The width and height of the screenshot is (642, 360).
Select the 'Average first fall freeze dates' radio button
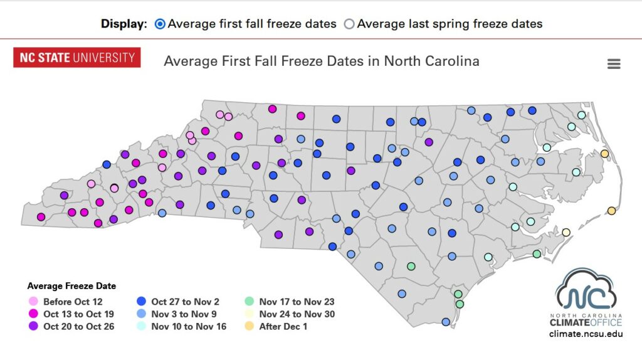pyautogui.click(x=160, y=24)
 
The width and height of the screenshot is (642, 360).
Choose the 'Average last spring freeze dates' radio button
pyautogui.click(x=349, y=24)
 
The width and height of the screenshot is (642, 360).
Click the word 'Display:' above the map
pyautogui.click(x=124, y=24)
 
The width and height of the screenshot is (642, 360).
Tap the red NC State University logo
pyautogui.click(x=76, y=58)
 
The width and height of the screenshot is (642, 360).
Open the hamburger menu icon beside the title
pyautogui.click(x=614, y=64)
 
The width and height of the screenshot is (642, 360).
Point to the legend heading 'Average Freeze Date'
pyautogui.click(x=71, y=286)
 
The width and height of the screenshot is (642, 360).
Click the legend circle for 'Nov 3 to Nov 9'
pyautogui.click(x=142, y=314)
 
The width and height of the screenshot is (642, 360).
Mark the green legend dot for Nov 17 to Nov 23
pyautogui.click(x=250, y=302)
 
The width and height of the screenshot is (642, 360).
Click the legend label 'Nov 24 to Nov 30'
pyautogui.click(x=297, y=314)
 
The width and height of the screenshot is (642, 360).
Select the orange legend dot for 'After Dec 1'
pyautogui.click(x=250, y=327)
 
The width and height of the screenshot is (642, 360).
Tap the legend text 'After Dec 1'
pyautogui.click(x=283, y=327)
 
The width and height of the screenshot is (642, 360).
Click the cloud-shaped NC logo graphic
pyautogui.click(x=586, y=290)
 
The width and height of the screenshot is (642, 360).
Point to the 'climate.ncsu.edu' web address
pyautogui.click(x=586, y=334)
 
